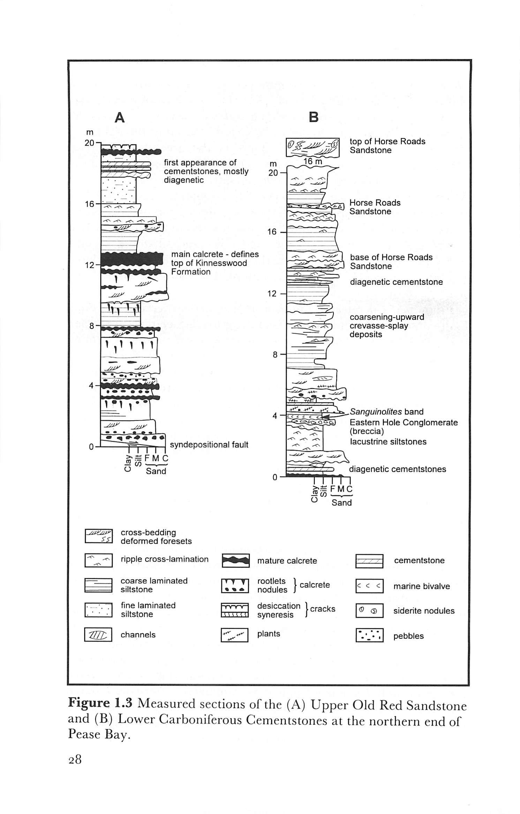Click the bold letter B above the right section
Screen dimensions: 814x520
(x=314, y=117)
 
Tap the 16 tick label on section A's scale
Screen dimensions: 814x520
(x=90, y=204)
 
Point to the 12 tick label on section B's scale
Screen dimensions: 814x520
(x=272, y=293)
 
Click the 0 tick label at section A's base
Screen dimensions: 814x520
(x=91, y=447)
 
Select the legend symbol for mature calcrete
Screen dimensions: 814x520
(x=236, y=561)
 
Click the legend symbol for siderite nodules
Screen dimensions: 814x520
(x=369, y=610)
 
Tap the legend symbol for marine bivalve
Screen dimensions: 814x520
(x=369, y=586)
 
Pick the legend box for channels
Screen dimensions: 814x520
(x=98, y=635)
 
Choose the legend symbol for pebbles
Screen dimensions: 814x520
(x=369, y=635)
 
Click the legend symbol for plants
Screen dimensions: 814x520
(x=234, y=635)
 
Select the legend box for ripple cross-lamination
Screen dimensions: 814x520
(x=98, y=560)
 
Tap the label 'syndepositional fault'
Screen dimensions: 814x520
(x=209, y=445)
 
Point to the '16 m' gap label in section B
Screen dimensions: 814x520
(x=312, y=162)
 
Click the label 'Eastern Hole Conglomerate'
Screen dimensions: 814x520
(x=404, y=423)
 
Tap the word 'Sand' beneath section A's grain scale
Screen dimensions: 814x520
(x=156, y=471)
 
